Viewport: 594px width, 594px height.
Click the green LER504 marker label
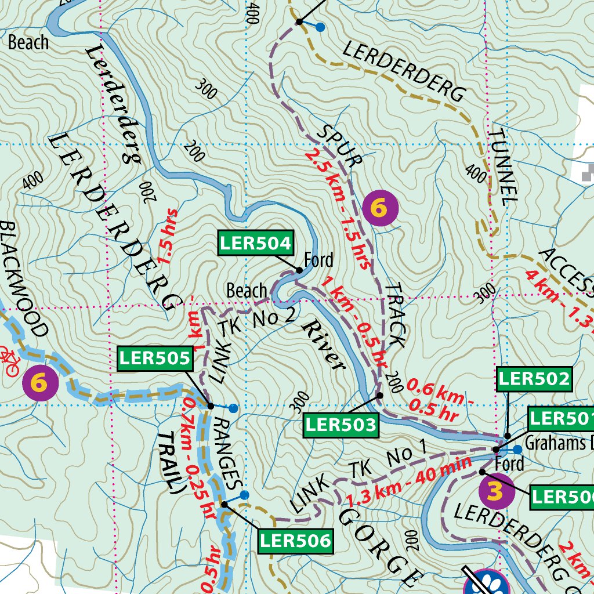[255, 243]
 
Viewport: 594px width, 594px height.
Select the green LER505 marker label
[155, 360]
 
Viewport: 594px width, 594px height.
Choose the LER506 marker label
[296, 541]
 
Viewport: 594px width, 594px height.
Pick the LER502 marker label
[534, 379]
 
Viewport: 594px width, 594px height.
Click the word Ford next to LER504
[319, 259]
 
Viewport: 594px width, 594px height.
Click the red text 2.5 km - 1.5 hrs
[338, 209]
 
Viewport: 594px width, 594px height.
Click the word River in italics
[323, 343]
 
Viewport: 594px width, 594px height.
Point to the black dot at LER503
[380, 395]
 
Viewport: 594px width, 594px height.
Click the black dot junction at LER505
[211, 405]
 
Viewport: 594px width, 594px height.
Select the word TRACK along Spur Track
[394, 316]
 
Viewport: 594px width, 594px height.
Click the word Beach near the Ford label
[247, 291]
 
